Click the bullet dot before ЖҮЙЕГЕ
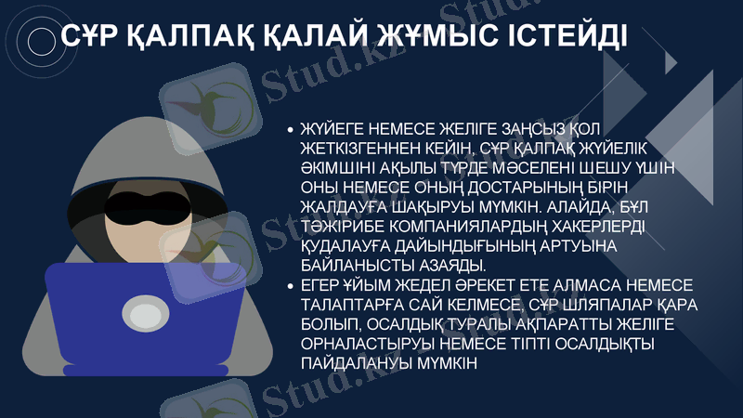coord(291,130)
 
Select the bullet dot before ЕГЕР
coord(291,288)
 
